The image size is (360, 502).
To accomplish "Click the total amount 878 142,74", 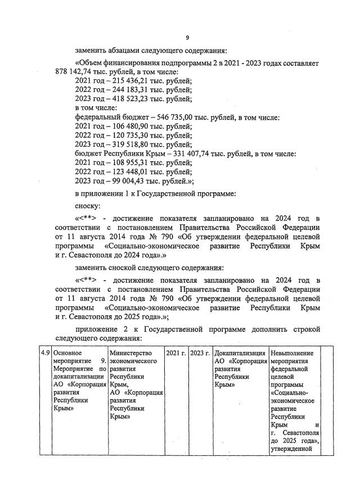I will pyautogui.click(x=76, y=72).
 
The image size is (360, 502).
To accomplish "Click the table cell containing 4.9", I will pyautogui.click(x=43, y=352).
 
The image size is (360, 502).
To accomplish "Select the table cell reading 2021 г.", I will pyautogui.click(x=176, y=352).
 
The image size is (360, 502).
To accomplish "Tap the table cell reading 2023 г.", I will pyautogui.click(x=200, y=352).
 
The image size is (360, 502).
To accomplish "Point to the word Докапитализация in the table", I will pyautogui.click(x=240, y=352).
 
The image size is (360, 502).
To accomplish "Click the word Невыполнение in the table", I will pyautogui.click(x=292, y=352).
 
